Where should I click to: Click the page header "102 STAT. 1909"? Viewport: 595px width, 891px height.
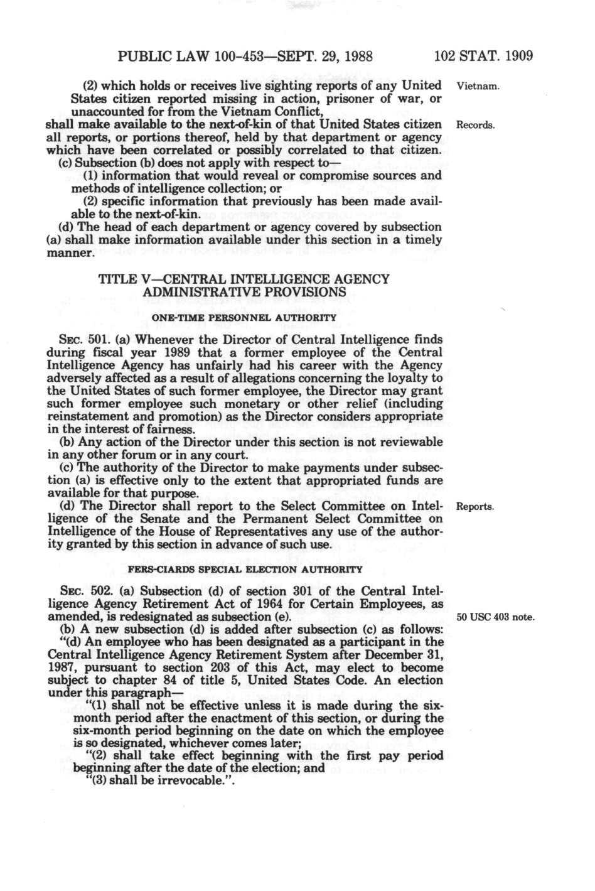(x=483, y=56)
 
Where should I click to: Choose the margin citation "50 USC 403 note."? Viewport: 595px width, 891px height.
(x=496, y=617)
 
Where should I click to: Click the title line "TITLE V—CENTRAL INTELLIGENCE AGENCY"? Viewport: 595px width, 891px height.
(x=244, y=279)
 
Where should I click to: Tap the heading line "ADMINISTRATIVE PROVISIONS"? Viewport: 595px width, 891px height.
(x=244, y=292)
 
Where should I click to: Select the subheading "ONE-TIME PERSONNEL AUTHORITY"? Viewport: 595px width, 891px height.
(x=245, y=317)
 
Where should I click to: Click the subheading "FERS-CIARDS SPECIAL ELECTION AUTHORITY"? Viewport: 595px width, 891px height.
(x=245, y=570)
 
